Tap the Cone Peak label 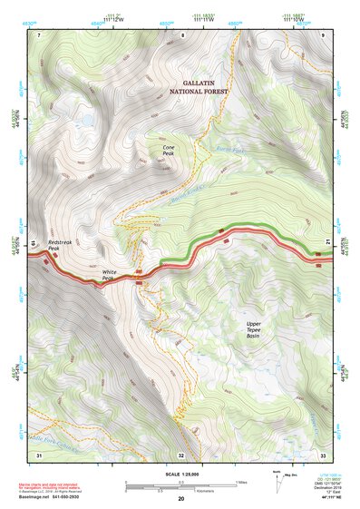tap(168, 151)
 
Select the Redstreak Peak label tap(59, 248)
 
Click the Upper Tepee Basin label tap(258, 328)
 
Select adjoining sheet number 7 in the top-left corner tap(40, 34)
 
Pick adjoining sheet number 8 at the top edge tap(181, 34)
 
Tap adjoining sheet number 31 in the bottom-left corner tap(39, 454)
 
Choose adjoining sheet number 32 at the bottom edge tap(181, 454)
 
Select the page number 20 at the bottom tap(180, 500)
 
